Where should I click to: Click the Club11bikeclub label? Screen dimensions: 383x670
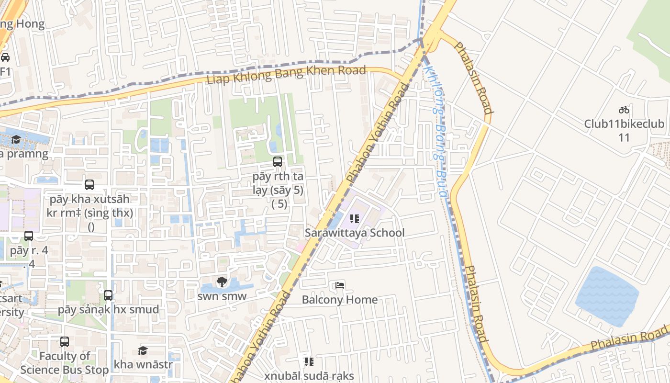pyautogui.click(x=624, y=124)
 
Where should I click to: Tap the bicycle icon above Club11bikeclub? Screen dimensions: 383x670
pyautogui.click(x=624, y=110)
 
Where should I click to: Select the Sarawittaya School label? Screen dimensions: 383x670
pyautogui.click(x=355, y=233)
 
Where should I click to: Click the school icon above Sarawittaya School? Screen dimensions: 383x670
pyautogui.click(x=355, y=219)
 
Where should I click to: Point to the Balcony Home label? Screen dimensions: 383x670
pyautogui.click(x=339, y=300)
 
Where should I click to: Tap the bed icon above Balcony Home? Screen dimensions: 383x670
pyautogui.click(x=339, y=285)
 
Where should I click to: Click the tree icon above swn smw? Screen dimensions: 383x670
pyautogui.click(x=222, y=282)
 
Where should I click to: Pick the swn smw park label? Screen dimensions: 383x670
pyautogui.click(x=222, y=296)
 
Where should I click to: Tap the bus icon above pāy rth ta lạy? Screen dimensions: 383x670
pyautogui.click(x=278, y=162)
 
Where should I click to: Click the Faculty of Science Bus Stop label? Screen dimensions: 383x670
pyautogui.click(x=65, y=363)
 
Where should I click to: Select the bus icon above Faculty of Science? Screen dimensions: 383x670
pyautogui.click(x=65, y=342)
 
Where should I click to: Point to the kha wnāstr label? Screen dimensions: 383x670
pyautogui.click(x=143, y=365)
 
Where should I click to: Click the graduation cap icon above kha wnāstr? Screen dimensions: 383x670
pyautogui.click(x=143, y=351)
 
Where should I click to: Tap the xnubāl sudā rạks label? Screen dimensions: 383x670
pyautogui.click(x=309, y=376)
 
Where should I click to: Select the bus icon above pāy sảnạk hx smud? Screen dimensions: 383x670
pyautogui.click(x=108, y=295)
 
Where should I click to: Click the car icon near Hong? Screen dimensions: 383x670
pyautogui.click(x=5, y=57)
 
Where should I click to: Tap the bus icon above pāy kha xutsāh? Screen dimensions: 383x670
pyautogui.click(x=89, y=185)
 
